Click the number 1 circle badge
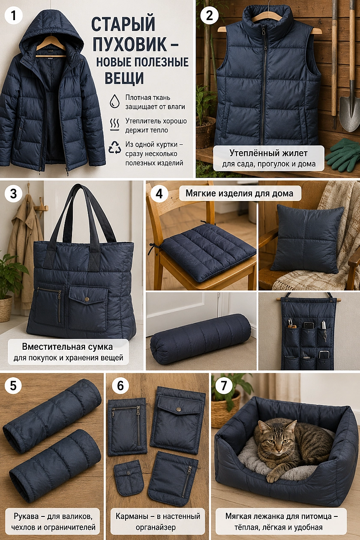coord(14,16)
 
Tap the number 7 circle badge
coord(224,385)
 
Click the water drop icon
coord(114,101)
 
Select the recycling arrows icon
coord(115,147)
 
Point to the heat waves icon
coord(114,124)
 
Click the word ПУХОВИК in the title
coord(130,44)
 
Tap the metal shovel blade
coord(349,113)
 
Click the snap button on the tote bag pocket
coord(87,300)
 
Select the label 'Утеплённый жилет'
coord(268,153)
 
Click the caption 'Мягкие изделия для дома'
coord(240,193)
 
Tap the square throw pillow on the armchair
coord(307,240)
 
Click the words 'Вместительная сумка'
coord(67,347)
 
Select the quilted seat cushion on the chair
coord(208,252)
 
